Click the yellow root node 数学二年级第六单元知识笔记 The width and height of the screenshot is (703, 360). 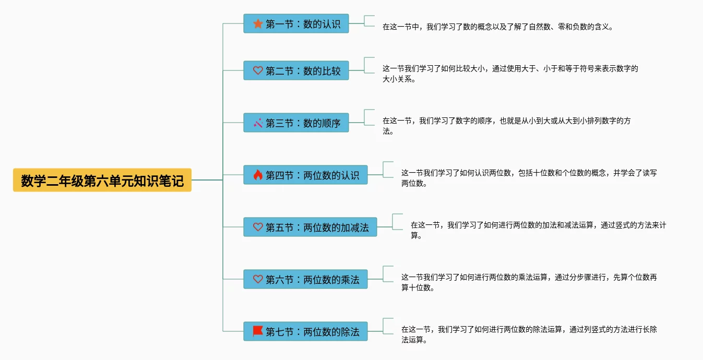102,180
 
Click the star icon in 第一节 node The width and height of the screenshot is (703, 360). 258,23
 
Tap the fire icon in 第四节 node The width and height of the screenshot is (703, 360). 258,175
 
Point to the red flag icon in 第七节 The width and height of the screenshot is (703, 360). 258,331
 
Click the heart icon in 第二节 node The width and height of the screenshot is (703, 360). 258,70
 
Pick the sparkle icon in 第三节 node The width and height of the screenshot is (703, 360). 258,123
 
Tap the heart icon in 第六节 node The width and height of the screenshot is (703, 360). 258,279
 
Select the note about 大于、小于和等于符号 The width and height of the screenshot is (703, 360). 510,74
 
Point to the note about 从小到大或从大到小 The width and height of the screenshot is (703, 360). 506,126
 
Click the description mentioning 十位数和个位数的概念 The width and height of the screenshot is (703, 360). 529,178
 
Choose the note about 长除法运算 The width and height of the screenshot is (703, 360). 529,334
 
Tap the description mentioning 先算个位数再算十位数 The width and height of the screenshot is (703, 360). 529,282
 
